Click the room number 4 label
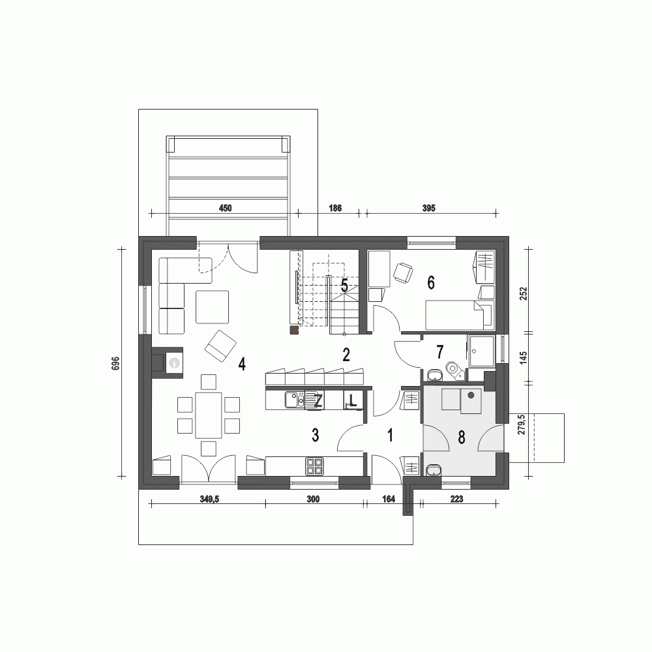click(242, 364)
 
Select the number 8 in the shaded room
click(462, 437)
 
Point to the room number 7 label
click(439, 351)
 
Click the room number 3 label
click(315, 435)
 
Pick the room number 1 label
click(391, 435)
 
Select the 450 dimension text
click(225, 208)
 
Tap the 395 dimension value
click(428, 208)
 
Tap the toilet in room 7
click(454, 370)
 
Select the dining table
click(209, 415)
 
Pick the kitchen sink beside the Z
click(295, 399)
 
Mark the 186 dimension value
click(335, 208)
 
